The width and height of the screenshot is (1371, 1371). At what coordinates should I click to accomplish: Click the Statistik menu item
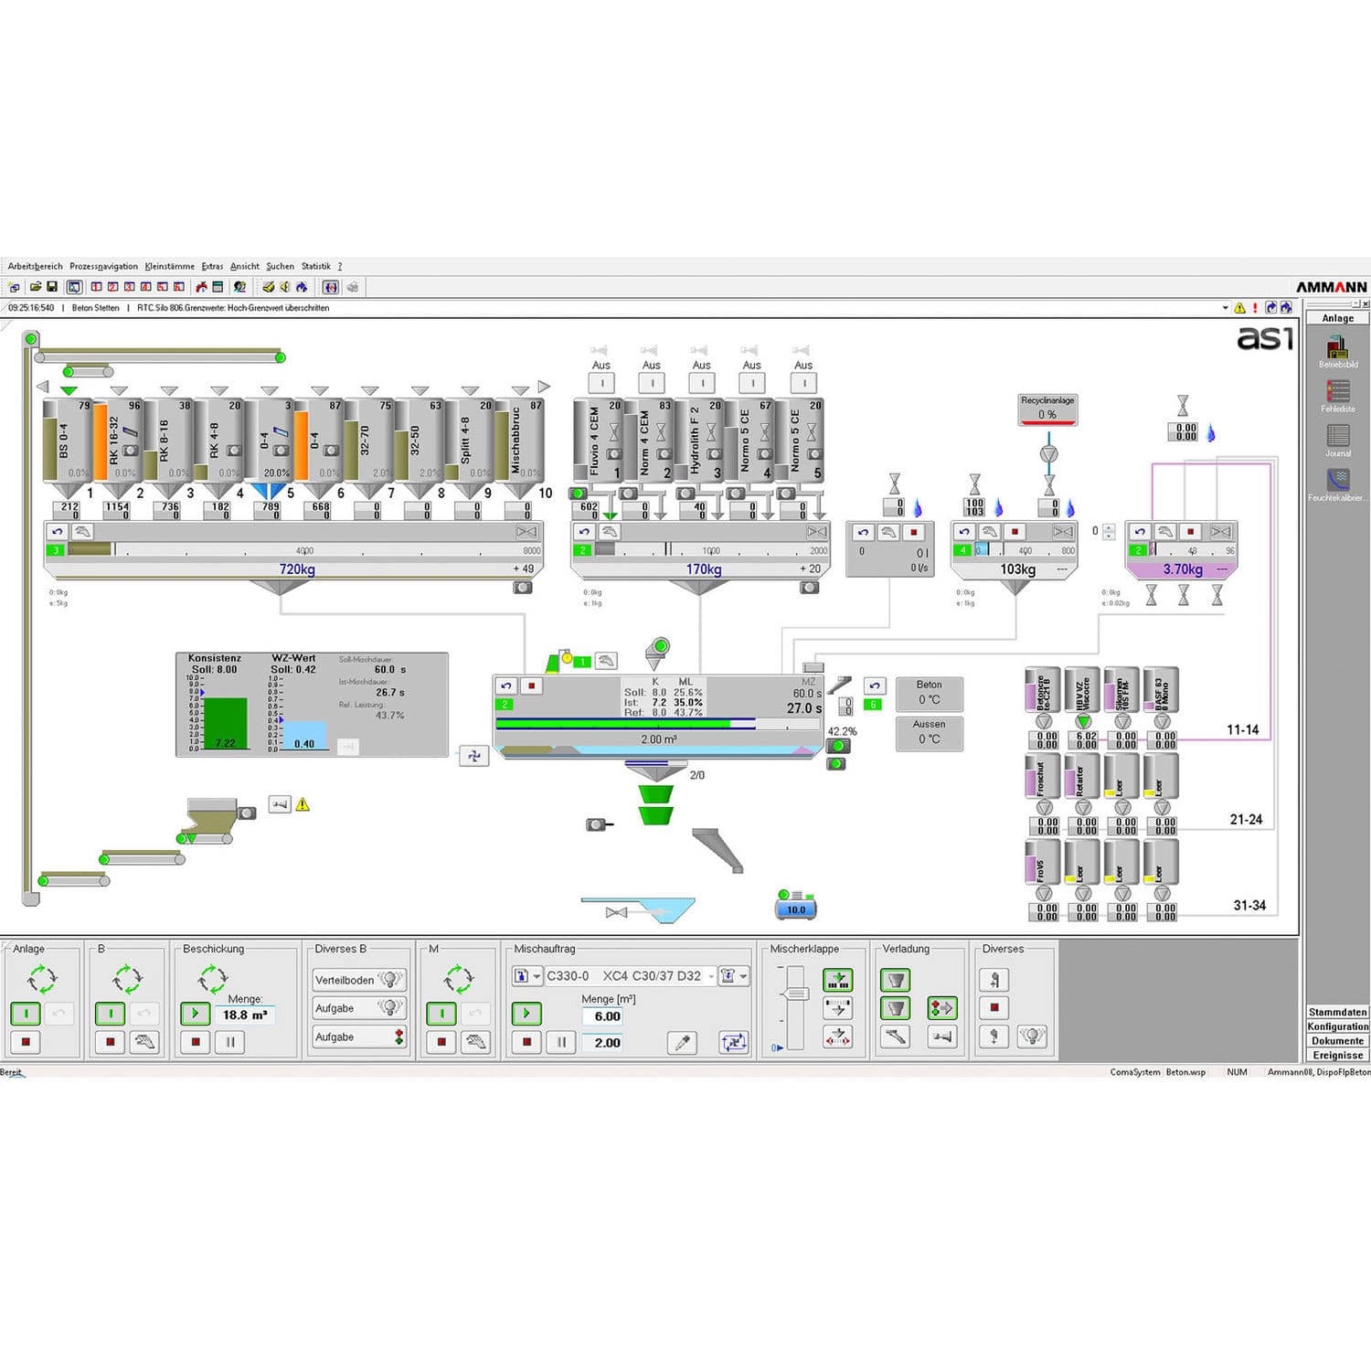pyautogui.click(x=315, y=266)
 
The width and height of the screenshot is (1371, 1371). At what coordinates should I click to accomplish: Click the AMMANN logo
pyautogui.click(x=1331, y=287)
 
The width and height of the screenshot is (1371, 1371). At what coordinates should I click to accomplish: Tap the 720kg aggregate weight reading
pyautogui.click(x=296, y=569)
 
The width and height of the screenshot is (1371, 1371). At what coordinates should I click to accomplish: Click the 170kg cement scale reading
pyautogui.click(x=704, y=569)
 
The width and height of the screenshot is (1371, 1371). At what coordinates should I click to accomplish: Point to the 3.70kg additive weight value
pyautogui.click(x=1183, y=569)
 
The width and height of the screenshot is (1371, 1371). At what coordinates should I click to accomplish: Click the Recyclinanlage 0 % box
pyautogui.click(x=1047, y=409)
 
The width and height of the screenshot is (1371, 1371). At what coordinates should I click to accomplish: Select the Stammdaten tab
pyautogui.click(x=1337, y=1012)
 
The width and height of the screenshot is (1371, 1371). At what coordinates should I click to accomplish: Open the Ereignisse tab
pyautogui.click(x=1337, y=1055)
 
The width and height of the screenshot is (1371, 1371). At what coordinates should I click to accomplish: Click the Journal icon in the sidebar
pyautogui.click(x=1338, y=436)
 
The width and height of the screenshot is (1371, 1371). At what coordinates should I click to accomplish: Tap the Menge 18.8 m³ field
pyautogui.click(x=245, y=1015)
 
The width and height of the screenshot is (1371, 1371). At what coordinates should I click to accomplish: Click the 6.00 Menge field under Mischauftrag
pyautogui.click(x=607, y=1016)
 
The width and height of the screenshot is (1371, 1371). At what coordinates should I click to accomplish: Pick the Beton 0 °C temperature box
pyautogui.click(x=929, y=693)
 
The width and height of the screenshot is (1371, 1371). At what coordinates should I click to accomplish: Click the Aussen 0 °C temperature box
pyautogui.click(x=929, y=732)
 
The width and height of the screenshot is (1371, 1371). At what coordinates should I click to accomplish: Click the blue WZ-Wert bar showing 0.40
pyautogui.click(x=303, y=736)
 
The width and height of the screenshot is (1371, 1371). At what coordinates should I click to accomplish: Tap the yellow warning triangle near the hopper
pyautogui.click(x=303, y=804)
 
